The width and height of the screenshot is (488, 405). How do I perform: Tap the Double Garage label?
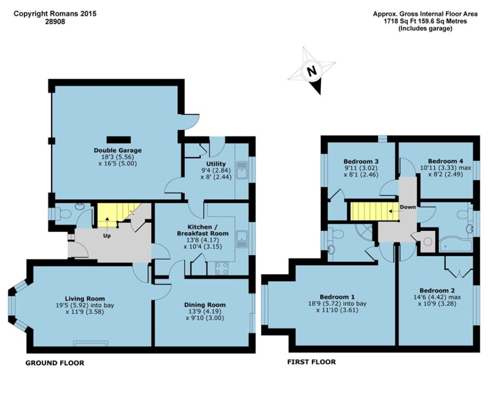[117, 150]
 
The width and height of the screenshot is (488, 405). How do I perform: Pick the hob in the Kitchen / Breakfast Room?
[222, 268]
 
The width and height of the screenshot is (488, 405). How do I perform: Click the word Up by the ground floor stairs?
[107, 235]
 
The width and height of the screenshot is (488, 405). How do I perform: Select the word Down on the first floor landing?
[408, 207]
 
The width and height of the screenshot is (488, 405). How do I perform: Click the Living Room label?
[84, 299]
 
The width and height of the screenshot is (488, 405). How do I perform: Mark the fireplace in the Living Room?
[91, 343]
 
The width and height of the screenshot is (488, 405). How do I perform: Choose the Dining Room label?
[204, 305]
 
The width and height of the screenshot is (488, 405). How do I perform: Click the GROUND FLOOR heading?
[55, 363]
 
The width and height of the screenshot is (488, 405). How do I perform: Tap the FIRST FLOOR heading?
[311, 362]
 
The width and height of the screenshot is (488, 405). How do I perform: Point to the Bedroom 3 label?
[360, 161]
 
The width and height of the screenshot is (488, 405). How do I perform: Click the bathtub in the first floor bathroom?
[455, 245]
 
